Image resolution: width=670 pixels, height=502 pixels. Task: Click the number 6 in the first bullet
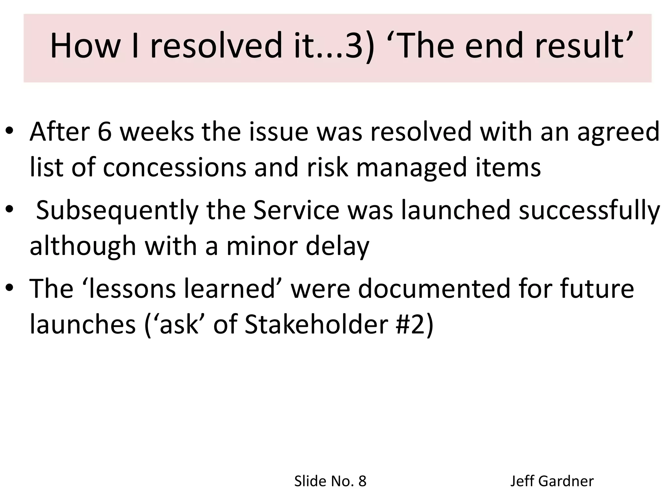click(105, 132)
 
